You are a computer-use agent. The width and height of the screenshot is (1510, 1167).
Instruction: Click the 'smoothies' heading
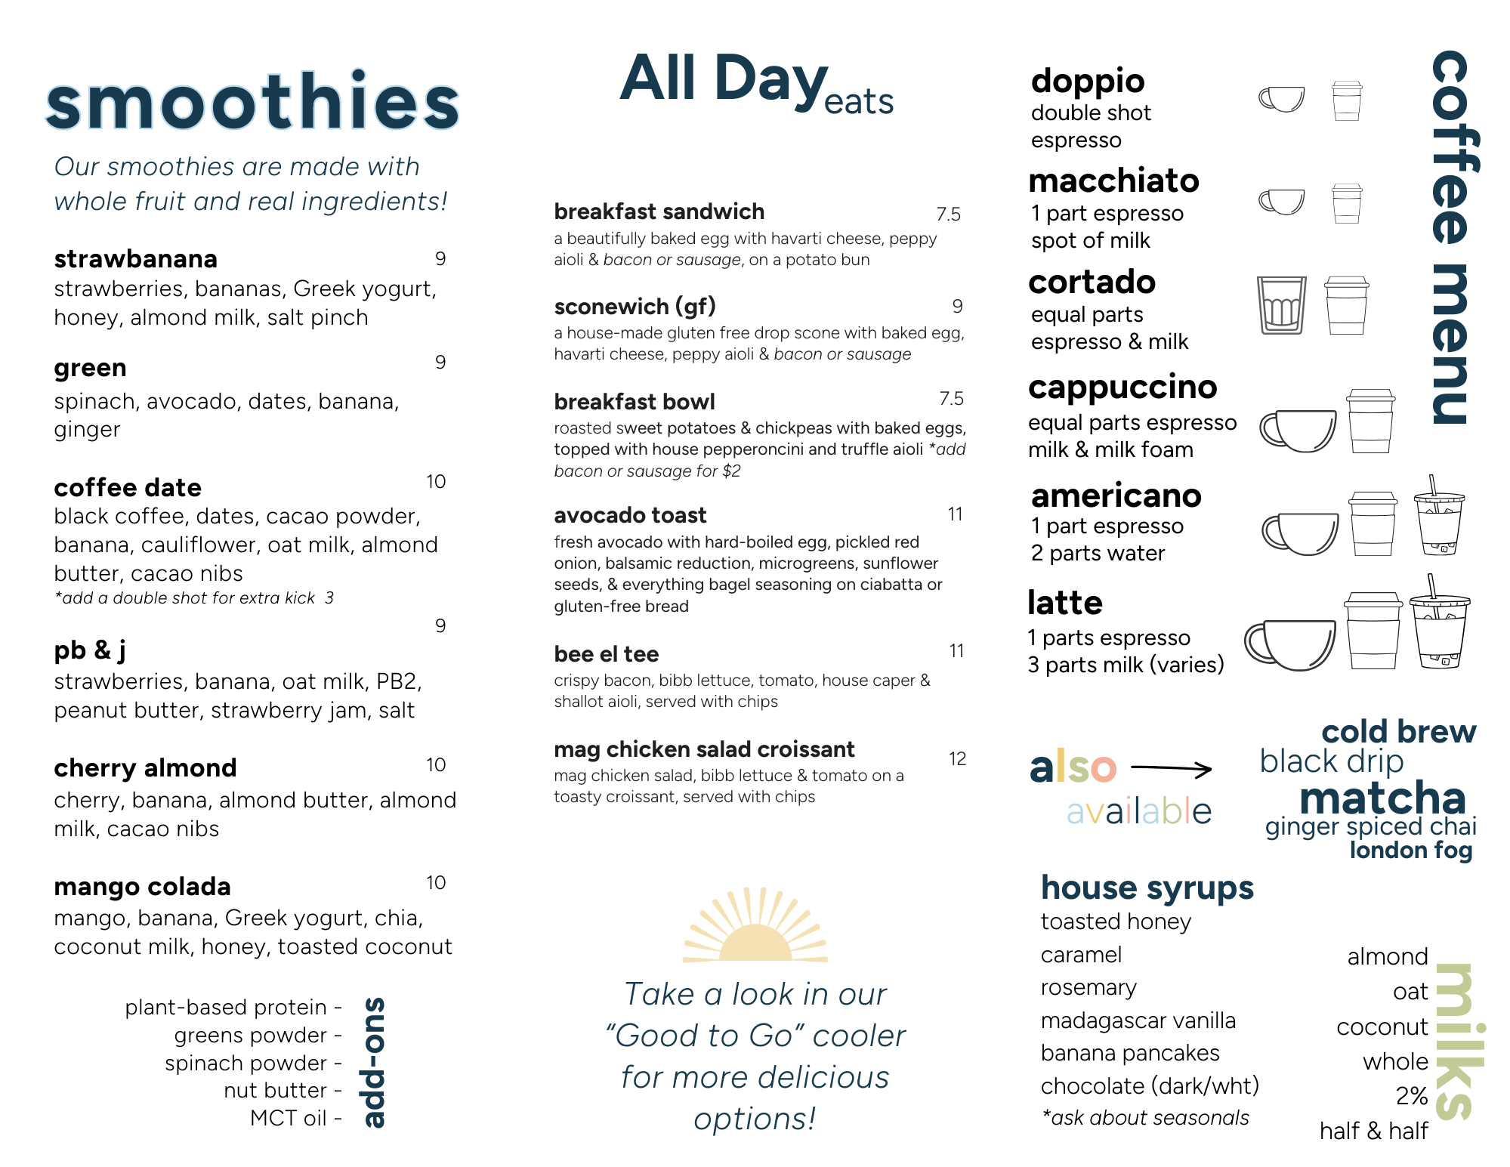[x=252, y=102]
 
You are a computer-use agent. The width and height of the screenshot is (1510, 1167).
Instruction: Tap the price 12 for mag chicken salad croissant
[x=957, y=758]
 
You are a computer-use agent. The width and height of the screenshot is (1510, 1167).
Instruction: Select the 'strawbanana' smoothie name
[x=136, y=259]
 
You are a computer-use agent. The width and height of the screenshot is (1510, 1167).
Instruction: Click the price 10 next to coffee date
[x=436, y=481]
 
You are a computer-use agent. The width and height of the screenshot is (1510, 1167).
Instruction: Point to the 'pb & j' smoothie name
[x=90, y=650]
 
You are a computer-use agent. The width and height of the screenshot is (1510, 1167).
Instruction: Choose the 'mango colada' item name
[x=142, y=886]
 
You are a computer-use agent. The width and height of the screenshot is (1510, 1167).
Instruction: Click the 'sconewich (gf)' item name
[x=635, y=306]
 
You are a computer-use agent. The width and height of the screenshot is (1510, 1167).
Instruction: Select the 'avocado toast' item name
[x=630, y=515]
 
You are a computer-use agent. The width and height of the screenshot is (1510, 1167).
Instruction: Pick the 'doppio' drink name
[x=1088, y=81]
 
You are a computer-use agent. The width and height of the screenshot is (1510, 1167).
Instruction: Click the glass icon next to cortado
[x=1281, y=305]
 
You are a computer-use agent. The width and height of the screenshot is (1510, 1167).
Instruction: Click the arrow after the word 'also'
[x=1172, y=769]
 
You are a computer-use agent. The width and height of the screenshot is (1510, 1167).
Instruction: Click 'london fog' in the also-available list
[x=1410, y=851]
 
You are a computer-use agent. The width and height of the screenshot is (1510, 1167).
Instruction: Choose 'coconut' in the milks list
[x=1382, y=1027]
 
